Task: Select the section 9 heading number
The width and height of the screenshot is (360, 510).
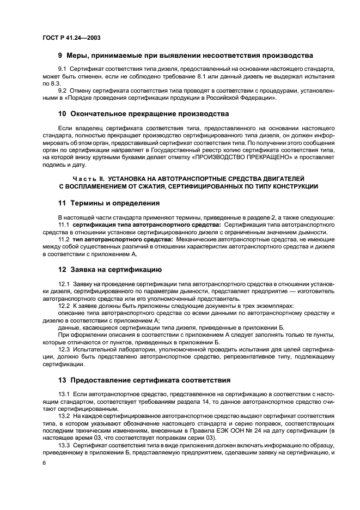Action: point(60,56)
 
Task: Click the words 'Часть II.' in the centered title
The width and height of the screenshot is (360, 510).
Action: point(87,179)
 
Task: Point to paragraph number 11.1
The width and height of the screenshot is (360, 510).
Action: point(64,224)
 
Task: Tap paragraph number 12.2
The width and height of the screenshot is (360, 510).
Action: point(64,306)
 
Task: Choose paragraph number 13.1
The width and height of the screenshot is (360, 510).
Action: point(64,394)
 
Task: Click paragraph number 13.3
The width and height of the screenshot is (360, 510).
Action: point(64,445)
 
